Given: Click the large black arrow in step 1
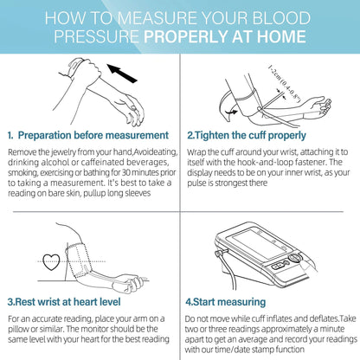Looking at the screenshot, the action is click(x=122, y=74).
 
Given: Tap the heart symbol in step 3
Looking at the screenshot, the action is click(x=51, y=262).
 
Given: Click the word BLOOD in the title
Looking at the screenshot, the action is click(x=281, y=18).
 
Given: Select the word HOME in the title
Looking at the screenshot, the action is click(x=281, y=36).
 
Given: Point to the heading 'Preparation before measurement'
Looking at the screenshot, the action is click(x=93, y=135).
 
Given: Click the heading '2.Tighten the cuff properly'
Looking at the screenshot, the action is click(x=247, y=135).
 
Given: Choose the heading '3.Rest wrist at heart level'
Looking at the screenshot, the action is click(x=64, y=302).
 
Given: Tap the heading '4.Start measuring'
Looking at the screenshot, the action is click(x=226, y=302).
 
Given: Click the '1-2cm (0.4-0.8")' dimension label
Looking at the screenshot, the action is click(x=285, y=84).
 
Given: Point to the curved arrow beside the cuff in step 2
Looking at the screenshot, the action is click(x=231, y=112).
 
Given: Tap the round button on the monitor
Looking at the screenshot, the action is click(x=293, y=258).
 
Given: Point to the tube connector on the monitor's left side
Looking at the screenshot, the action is click(x=220, y=253).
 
